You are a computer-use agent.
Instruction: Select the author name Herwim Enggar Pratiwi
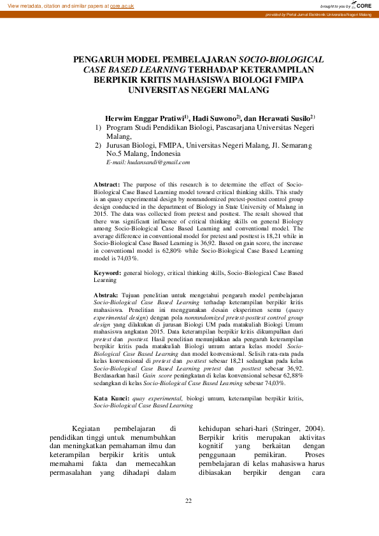[145, 118]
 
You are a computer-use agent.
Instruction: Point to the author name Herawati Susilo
[287, 118]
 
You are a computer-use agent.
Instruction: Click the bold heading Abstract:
[106, 184]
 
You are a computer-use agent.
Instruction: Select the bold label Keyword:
[106, 273]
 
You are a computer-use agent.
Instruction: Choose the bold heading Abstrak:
[106, 295]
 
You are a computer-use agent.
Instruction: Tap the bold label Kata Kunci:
[111, 380]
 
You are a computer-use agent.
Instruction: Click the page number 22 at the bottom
[189, 502]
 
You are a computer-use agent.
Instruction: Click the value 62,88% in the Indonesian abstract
[290, 358]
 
